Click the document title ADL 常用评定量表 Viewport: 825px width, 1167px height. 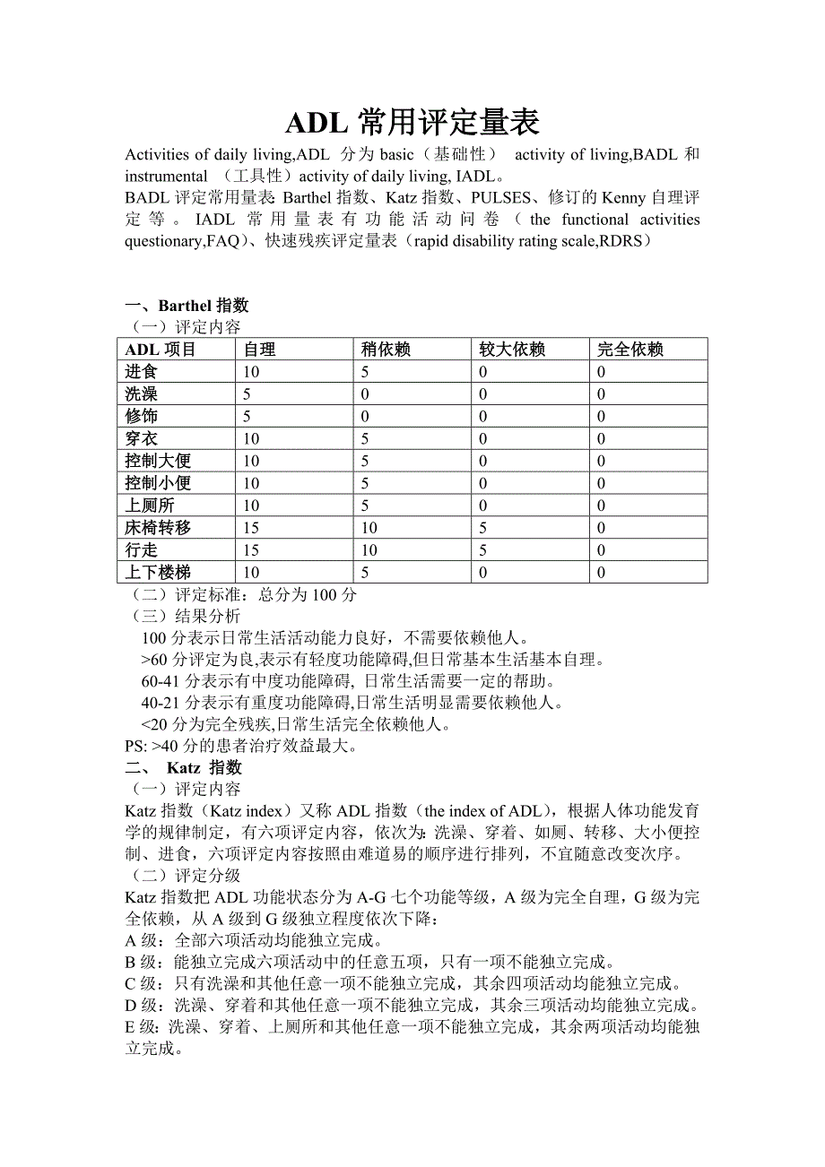click(x=412, y=123)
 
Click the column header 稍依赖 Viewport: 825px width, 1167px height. click(x=386, y=350)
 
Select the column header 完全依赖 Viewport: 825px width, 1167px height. click(x=630, y=350)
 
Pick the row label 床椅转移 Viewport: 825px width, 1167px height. click(x=158, y=528)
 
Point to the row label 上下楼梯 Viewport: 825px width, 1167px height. click(x=158, y=573)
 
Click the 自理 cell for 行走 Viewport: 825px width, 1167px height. click(x=251, y=550)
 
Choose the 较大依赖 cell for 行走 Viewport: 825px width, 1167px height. click(x=483, y=550)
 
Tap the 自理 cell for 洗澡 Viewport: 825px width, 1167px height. click(x=247, y=394)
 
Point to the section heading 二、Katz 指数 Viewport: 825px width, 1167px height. click(x=183, y=768)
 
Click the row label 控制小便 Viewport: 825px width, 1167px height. click(x=158, y=483)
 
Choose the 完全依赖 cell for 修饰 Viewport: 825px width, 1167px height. click(x=602, y=417)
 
